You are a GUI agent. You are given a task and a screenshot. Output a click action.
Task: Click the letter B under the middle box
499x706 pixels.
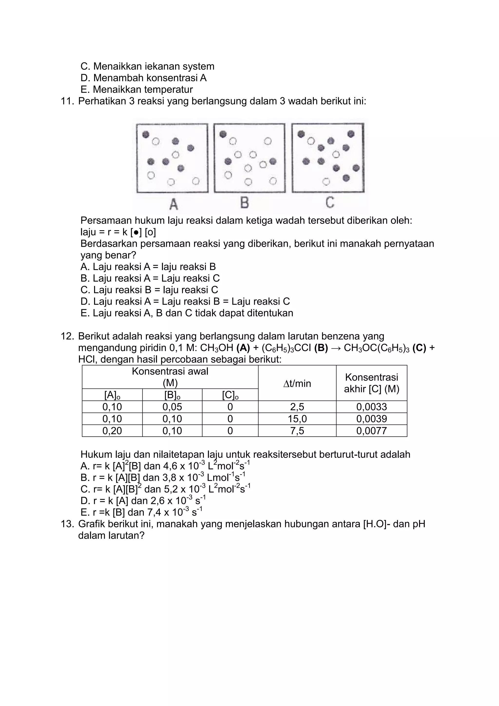pos(245,203)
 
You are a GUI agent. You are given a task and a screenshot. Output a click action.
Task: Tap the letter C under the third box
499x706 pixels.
pos(330,203)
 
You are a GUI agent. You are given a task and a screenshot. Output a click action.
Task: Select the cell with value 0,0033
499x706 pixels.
pos(372,407)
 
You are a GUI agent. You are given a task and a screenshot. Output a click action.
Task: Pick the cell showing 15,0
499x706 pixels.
pos(297,419)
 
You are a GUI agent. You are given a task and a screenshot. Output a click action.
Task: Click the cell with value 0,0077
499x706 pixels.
pos(372,431)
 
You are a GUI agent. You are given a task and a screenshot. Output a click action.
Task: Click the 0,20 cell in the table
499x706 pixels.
pos(112,431)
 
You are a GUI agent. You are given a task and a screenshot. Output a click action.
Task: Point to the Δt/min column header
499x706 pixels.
pos(297,383)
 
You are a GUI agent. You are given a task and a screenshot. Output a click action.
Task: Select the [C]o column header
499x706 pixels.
pos(230,395)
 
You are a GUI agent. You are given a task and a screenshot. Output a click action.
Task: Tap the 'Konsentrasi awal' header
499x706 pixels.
pos(170,372)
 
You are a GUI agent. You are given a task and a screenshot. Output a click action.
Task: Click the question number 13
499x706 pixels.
pos(67,524)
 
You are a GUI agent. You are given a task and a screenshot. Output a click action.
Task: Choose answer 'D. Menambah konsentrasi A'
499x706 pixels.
pos(144,78)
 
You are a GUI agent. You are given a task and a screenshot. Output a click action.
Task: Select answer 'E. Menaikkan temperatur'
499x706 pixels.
pos(137,89)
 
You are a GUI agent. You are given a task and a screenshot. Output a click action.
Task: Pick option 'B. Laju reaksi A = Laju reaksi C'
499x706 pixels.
pos(150,278)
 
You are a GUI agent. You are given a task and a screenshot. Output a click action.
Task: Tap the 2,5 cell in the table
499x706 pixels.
pos(297,407)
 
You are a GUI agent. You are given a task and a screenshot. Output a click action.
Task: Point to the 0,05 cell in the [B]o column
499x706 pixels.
pos(172,407)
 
